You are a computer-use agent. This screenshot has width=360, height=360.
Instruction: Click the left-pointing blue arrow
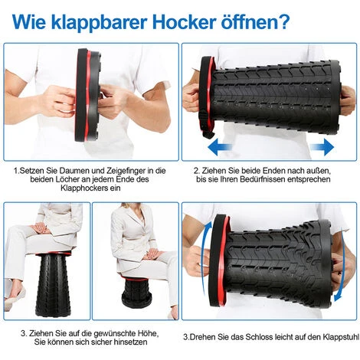[219, 147]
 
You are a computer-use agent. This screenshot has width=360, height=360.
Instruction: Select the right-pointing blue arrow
[322, 147]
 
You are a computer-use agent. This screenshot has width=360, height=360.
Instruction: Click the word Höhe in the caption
[149, 333]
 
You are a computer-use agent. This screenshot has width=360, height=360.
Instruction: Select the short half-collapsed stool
[136, 292]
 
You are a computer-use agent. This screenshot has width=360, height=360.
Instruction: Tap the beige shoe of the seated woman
[15, 297]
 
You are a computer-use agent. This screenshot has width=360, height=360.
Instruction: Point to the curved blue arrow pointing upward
[206, 255]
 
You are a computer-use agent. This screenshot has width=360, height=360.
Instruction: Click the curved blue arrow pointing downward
[343, 266]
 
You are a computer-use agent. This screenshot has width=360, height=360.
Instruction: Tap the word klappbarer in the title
[99, 21]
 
